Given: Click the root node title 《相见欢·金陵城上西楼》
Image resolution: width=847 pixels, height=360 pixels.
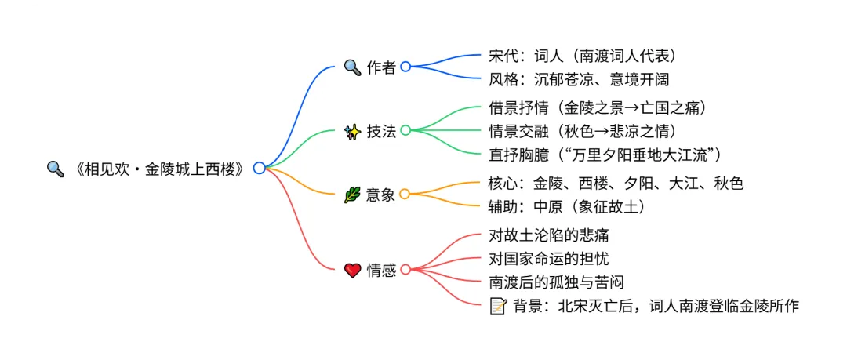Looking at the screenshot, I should coord(157,169).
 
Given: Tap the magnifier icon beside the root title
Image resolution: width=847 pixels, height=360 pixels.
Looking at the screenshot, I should coord(55,169).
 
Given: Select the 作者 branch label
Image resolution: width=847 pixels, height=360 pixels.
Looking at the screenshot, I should coord(381,67).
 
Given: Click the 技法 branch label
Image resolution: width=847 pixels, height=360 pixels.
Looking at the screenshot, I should coord(381,131).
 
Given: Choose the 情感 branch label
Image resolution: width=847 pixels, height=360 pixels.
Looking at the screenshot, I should coord(381,271).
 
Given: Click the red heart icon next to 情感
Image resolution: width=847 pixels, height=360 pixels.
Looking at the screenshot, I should coord(352,271).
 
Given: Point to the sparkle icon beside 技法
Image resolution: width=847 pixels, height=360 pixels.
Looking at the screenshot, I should coord(352,131).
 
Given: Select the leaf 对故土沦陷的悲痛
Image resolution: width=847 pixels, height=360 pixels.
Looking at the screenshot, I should coord(548,235).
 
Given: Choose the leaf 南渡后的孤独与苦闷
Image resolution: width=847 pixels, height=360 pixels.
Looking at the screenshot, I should coord(556,282).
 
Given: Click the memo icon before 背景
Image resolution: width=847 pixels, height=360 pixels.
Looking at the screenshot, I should coord(496,306).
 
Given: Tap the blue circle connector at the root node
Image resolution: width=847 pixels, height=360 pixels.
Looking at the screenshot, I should coord(259,168).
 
